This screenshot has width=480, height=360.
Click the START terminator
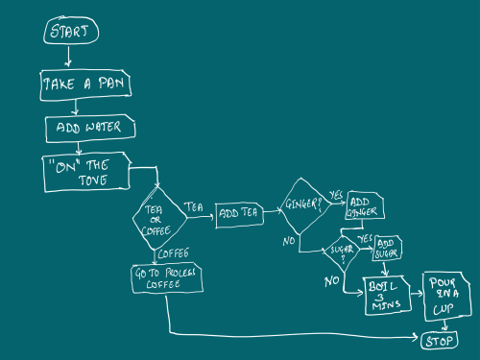71,32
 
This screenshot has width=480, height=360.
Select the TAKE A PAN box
85,84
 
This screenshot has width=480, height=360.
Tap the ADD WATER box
90,127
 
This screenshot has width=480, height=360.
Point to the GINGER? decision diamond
304,206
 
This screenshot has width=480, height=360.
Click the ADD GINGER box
367,205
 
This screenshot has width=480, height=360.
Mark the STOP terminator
439,340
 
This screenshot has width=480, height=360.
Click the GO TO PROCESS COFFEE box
163,278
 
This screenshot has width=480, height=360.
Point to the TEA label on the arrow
194,207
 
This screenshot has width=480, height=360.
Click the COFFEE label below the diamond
173,252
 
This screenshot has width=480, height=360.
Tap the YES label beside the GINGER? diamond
336,194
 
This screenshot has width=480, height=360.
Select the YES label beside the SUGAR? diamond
365,238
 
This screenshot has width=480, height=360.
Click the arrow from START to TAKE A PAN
67,57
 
